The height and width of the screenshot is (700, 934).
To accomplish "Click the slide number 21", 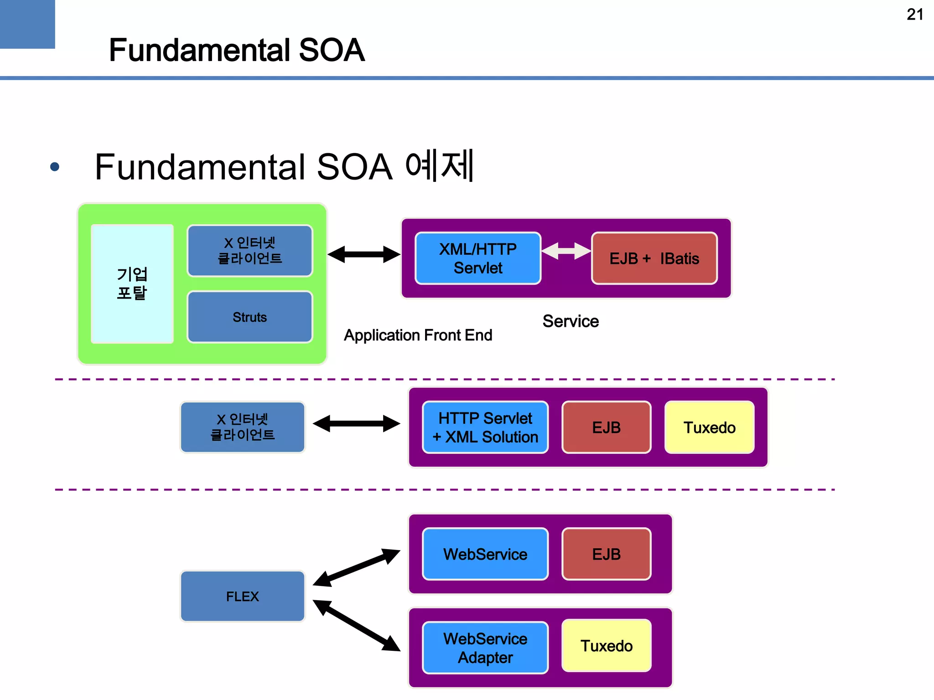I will (914, 15).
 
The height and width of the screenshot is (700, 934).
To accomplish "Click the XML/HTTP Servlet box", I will (478, 258).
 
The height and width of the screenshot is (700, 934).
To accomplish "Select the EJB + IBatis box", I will (654, 258).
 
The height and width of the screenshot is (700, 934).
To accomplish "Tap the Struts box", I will (249, 317).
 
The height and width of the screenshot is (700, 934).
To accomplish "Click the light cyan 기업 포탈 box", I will (132, 283).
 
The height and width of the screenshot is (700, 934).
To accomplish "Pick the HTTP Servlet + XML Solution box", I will (485, 427).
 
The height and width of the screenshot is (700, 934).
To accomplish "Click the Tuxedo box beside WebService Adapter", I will (606, 645).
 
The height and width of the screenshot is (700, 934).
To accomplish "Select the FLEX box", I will (242, 596).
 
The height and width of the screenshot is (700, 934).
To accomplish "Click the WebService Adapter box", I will (485, 648).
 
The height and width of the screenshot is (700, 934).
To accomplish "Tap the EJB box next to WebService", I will (606, 554).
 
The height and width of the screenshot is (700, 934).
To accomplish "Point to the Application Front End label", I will (418, 335).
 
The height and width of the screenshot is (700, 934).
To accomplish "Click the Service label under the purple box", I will (570, 321).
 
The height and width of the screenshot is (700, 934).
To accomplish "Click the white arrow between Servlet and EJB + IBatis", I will (566, 251).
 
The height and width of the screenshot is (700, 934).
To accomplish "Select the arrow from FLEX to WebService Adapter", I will (357, 625).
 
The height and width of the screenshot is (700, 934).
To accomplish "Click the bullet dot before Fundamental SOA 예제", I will (55, 167).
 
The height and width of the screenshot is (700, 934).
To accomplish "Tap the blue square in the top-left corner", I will (27, 24).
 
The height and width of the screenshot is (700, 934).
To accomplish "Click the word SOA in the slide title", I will (331, 50).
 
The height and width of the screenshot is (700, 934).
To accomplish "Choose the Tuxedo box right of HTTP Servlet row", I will (709, 427).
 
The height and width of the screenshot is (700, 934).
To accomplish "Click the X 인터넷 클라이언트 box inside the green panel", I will (249, 251).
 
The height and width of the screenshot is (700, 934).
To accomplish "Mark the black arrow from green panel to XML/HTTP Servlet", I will (363, 254).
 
